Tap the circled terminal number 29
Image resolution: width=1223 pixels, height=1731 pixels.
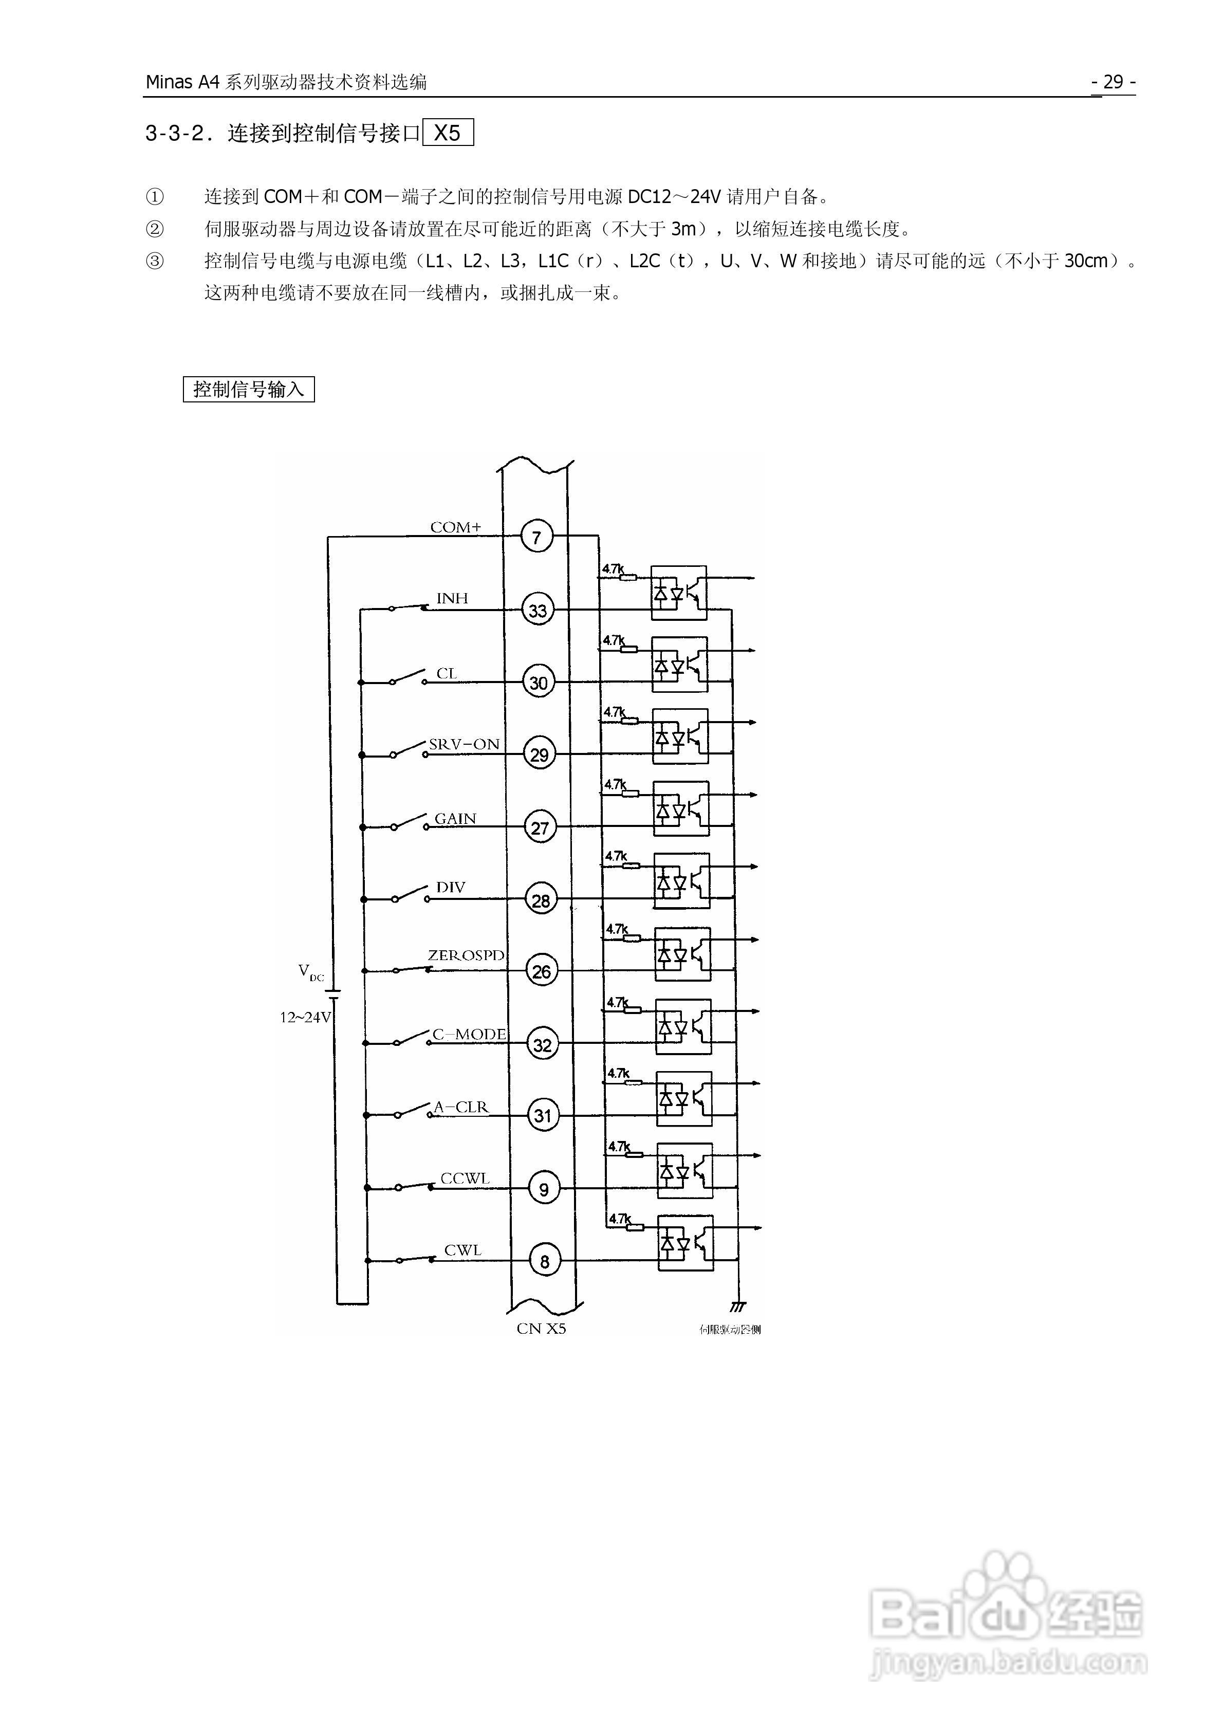539,754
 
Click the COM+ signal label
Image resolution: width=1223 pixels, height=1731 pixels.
455,527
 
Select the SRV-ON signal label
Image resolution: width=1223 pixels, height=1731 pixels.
464,744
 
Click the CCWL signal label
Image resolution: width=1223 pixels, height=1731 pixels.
465,1178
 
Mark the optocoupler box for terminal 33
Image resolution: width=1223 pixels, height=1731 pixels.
679,593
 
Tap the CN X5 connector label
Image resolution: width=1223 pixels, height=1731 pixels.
541,1329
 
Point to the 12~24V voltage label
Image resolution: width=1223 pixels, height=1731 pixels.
305,1017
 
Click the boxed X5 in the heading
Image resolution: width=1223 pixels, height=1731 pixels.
448,134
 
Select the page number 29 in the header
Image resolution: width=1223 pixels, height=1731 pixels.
1113,81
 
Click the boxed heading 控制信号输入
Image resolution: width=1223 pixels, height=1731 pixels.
248,389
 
